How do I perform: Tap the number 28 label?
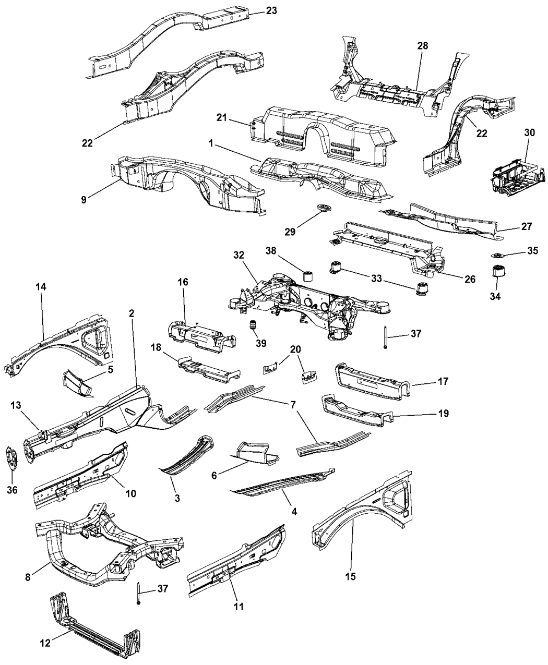[422, 45]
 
